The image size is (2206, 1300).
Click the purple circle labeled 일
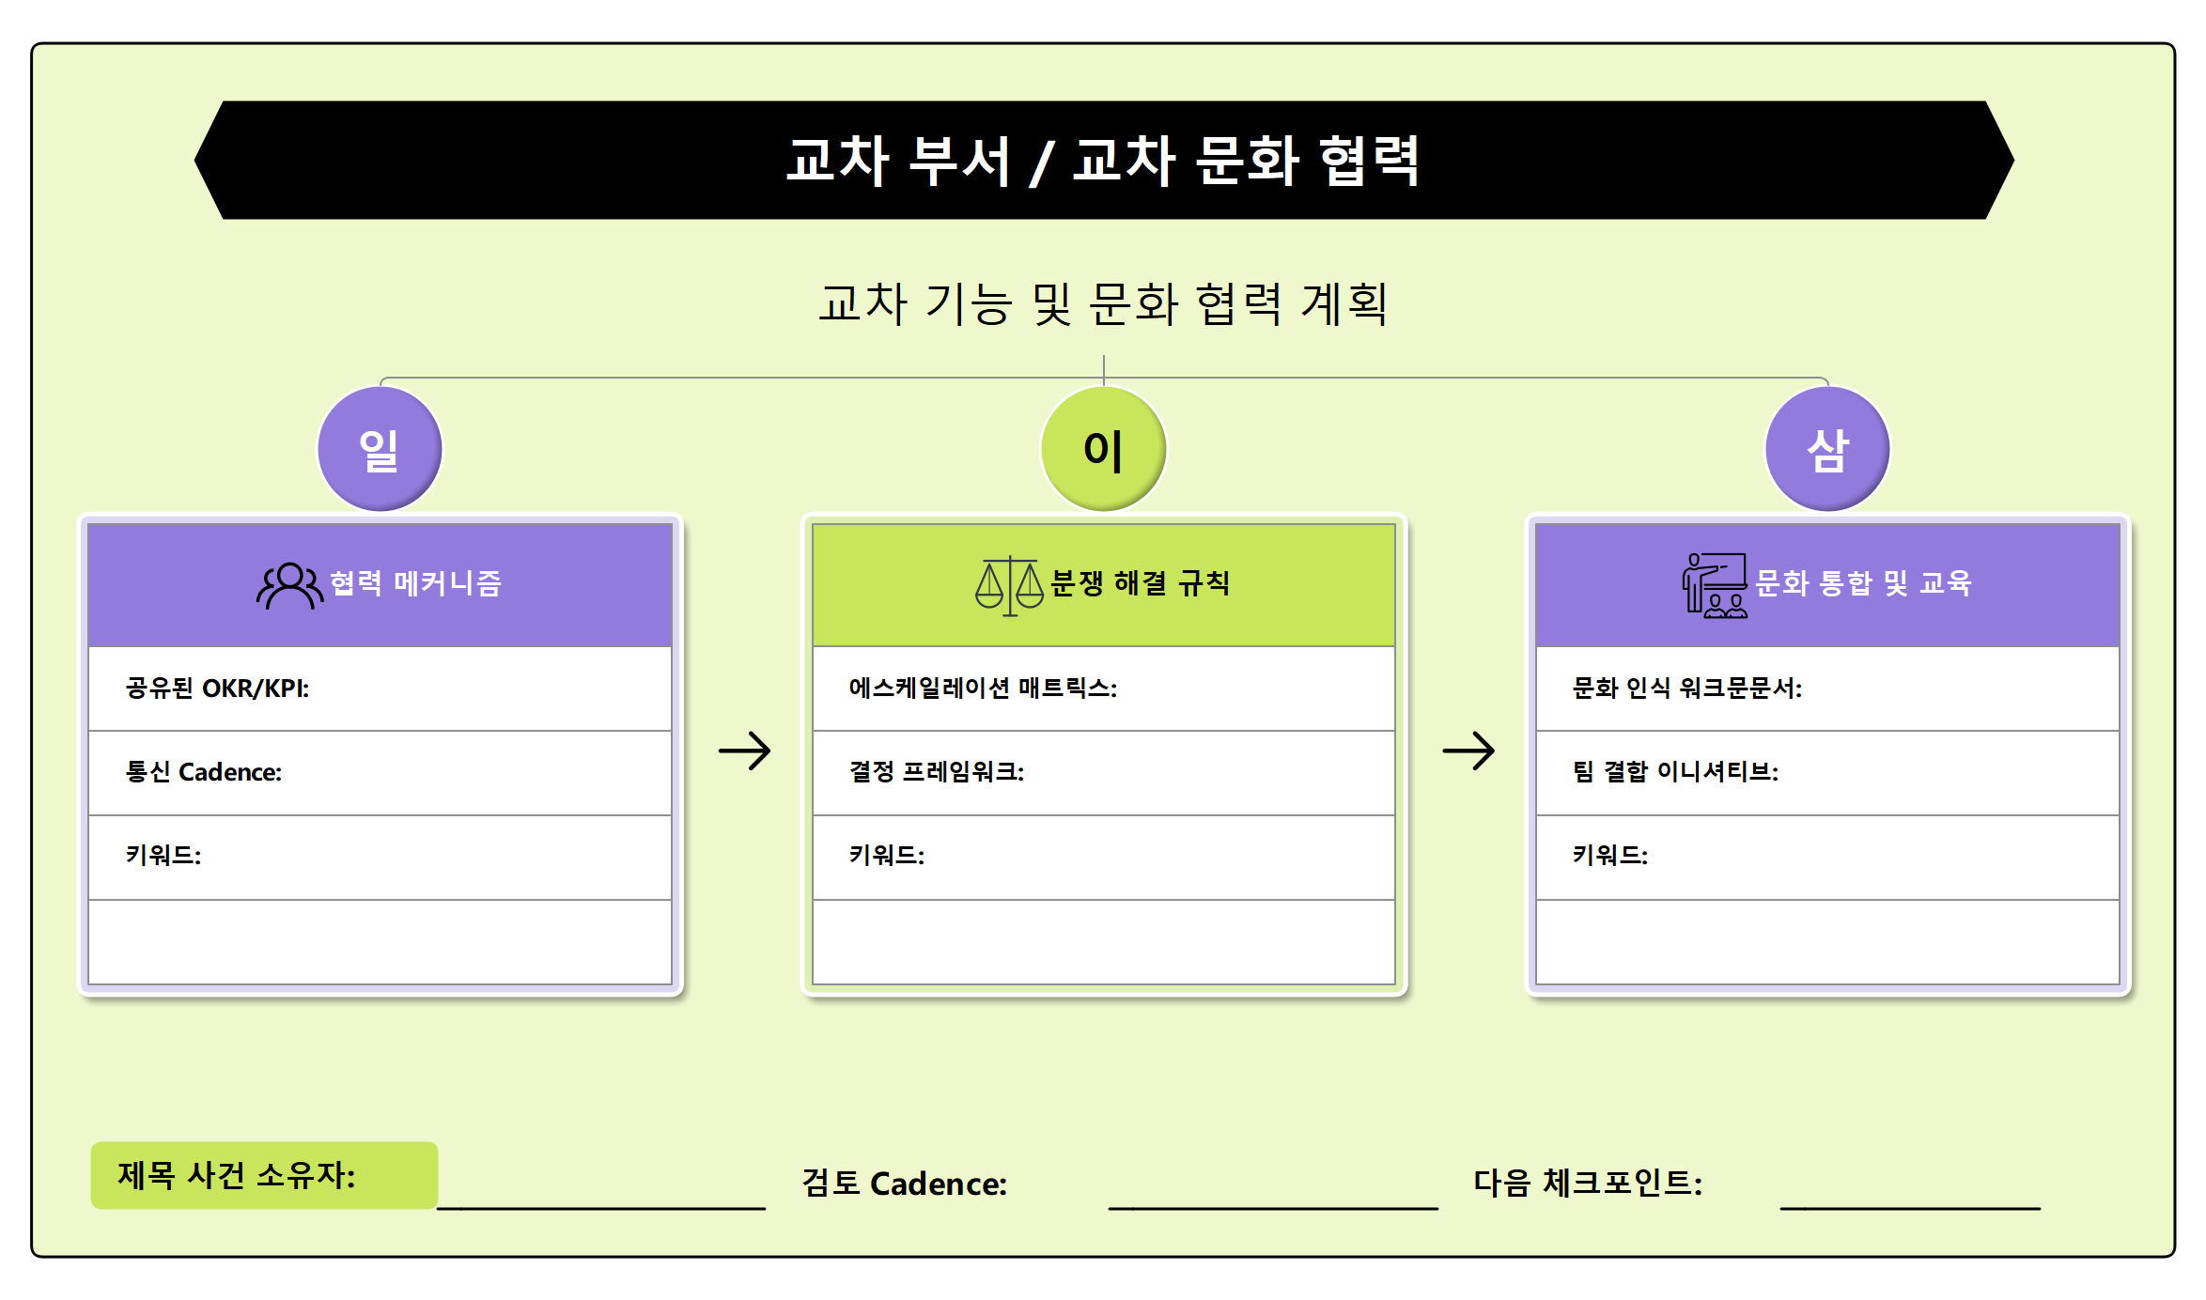tap(380, 449)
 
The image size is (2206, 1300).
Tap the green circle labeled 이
tap(1103, 449)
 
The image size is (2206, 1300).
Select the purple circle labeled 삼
tap(1827, 449)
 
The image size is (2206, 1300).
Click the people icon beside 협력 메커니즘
tap(289, 585)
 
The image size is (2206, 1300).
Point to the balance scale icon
tap(1009, 585)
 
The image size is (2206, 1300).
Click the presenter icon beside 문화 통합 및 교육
tap(1715, 585)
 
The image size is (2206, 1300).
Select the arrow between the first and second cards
tap(744, 751)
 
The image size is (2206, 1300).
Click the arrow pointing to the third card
tap(1468, 751)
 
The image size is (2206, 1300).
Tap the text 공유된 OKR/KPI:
tap(217, 689)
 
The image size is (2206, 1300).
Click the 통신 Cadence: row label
tap(204, 772)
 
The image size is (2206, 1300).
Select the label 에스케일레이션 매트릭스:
tap(983, 689)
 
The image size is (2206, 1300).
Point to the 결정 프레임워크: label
tap(937, 772)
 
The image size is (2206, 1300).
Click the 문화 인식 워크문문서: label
tap(1687, 689)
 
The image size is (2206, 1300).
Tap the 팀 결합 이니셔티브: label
tap(1676, 772)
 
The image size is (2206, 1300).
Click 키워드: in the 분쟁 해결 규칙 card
tap(887, 856)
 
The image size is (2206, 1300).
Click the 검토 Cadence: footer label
tap(904, 1184)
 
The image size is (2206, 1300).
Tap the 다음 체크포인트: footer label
tap(1588, 1183)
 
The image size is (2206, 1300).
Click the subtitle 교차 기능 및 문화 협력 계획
tap(1103, 303)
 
